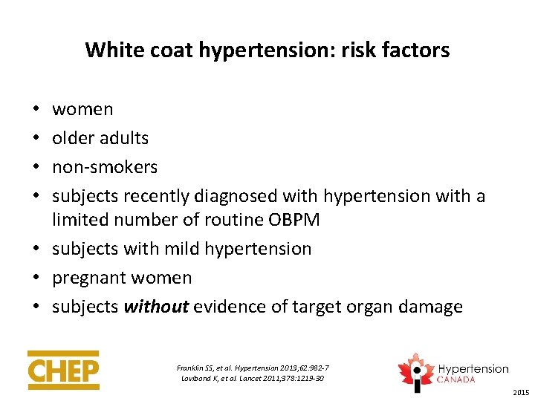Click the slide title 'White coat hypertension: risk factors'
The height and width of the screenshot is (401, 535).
tap(267, 50)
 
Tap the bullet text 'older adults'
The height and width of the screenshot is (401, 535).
tap(100, 138)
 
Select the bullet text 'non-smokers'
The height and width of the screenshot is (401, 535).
tap(105, 167)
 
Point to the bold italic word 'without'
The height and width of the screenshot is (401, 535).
tap(157, 307)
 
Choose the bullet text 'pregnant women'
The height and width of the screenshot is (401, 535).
tap(122, 278)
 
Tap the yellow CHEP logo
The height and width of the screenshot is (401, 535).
tap(63, 370)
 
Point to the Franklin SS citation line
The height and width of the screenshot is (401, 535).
tap(253, 368)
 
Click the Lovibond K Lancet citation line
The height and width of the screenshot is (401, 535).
tap(253, 379)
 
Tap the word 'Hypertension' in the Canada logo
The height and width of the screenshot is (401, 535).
tap(473, 369)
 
